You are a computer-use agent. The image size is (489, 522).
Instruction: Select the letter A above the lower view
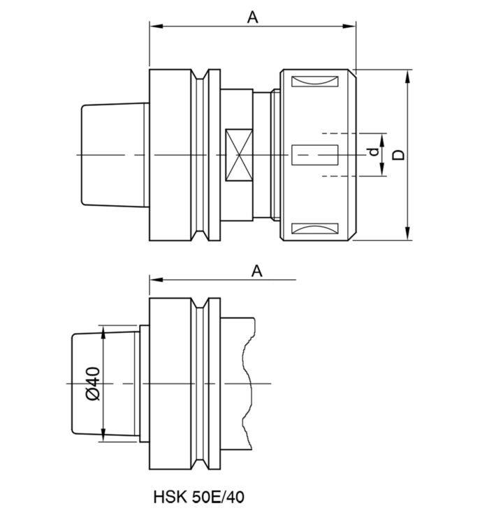pos(257,271)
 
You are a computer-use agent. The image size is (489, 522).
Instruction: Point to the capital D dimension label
pos(398,154)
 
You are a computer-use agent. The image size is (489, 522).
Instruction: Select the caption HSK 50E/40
pos(199,498)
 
